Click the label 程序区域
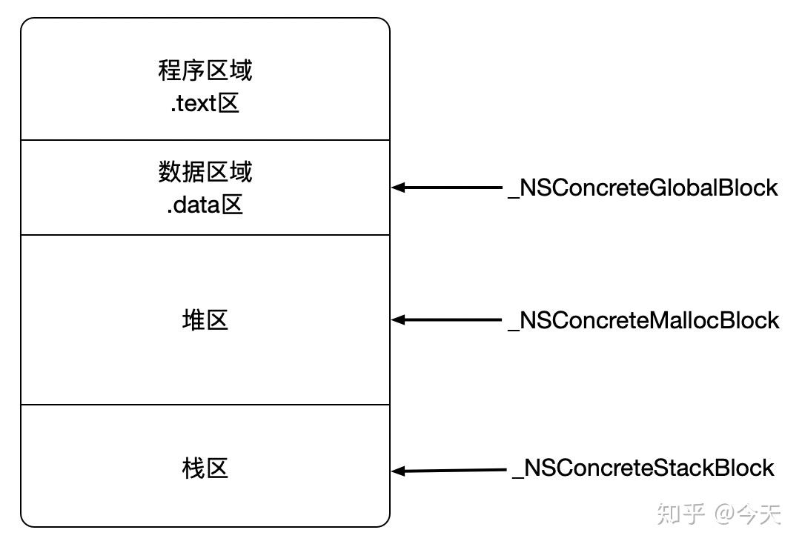point(205,71)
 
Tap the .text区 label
point(205,104)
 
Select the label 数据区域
point(205,172)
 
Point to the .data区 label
point(205,205)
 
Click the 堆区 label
point(205,320)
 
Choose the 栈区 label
point(205,468)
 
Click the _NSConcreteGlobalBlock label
point(642,188)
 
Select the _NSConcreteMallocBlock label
point(643,320)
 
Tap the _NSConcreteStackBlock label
point(643,468)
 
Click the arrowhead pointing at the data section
point(398,188)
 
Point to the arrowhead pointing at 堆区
point(398,320)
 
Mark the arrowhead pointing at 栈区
point(398,471)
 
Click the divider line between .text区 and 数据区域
point(205,140)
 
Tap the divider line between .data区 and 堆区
point(205,235)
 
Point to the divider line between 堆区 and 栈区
point(205,405)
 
